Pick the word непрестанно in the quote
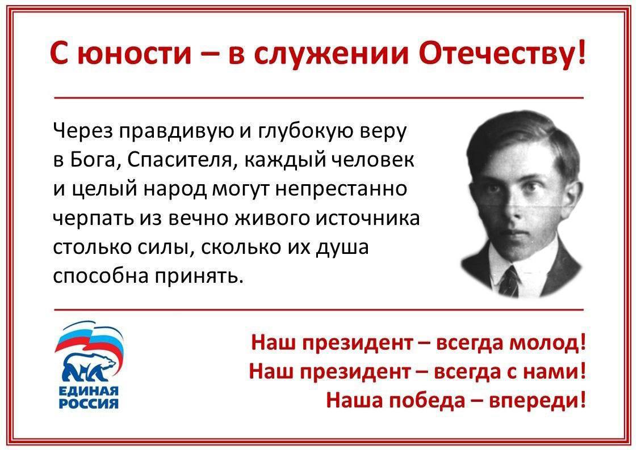click(x=341, y=189)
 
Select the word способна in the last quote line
click(x=101, y=276)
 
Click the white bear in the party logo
click(x=89, y=365)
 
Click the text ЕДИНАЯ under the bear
click(x=89, y=390)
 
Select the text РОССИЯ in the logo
click(x=89, y=403)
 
